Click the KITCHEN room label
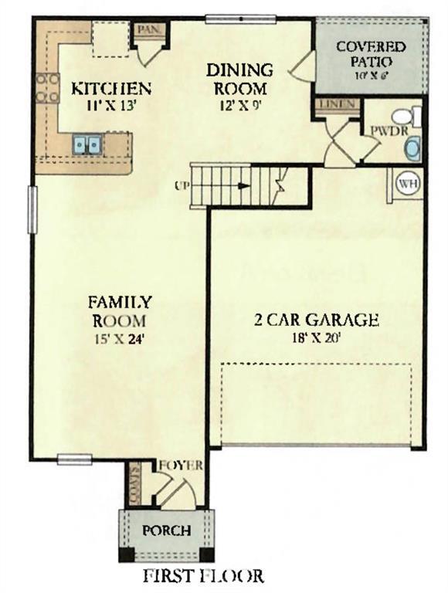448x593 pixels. pos(110,87)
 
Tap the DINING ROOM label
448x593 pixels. pos(240,79)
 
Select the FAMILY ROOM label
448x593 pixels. pos(119,310)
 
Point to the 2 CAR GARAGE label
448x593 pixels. pos(317,320)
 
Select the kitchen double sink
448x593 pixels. pos(87,144)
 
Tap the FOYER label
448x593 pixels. pos(181,465)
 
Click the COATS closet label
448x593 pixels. pos(134,483)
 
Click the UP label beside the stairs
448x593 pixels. pos(182,185)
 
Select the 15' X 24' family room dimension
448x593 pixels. pos(119,337)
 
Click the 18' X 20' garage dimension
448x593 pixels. pos(317,337)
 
